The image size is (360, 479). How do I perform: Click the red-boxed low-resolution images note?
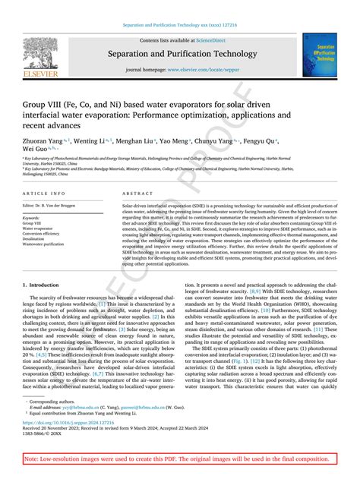(x=180, y=461)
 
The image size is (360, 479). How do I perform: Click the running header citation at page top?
(x=180, y=24)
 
